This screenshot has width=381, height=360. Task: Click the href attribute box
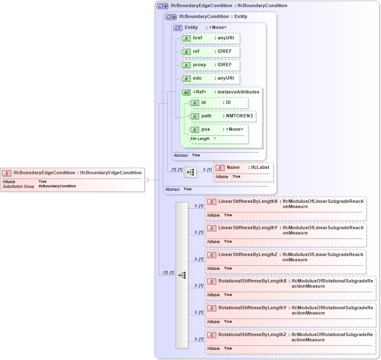[210, 38]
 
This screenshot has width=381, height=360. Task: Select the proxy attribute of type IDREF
[210, 65]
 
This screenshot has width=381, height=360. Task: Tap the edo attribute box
[210, 78]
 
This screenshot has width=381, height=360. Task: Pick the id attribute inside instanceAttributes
[218, 103]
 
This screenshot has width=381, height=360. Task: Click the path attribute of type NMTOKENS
[222, 116]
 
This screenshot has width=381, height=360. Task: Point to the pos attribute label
[205, 129]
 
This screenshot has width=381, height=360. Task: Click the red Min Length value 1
[215, 139]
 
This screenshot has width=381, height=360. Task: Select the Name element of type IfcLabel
[243, 168]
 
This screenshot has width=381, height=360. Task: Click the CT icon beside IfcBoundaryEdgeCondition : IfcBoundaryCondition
[162, 6]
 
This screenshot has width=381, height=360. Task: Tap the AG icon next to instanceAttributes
[186, 92]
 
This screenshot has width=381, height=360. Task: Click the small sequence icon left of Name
[190, 172]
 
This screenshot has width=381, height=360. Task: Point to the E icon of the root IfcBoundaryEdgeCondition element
[7, 173]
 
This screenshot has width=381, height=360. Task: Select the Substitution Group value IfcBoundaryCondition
[57, 186]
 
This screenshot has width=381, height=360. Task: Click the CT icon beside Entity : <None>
[178, 28]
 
